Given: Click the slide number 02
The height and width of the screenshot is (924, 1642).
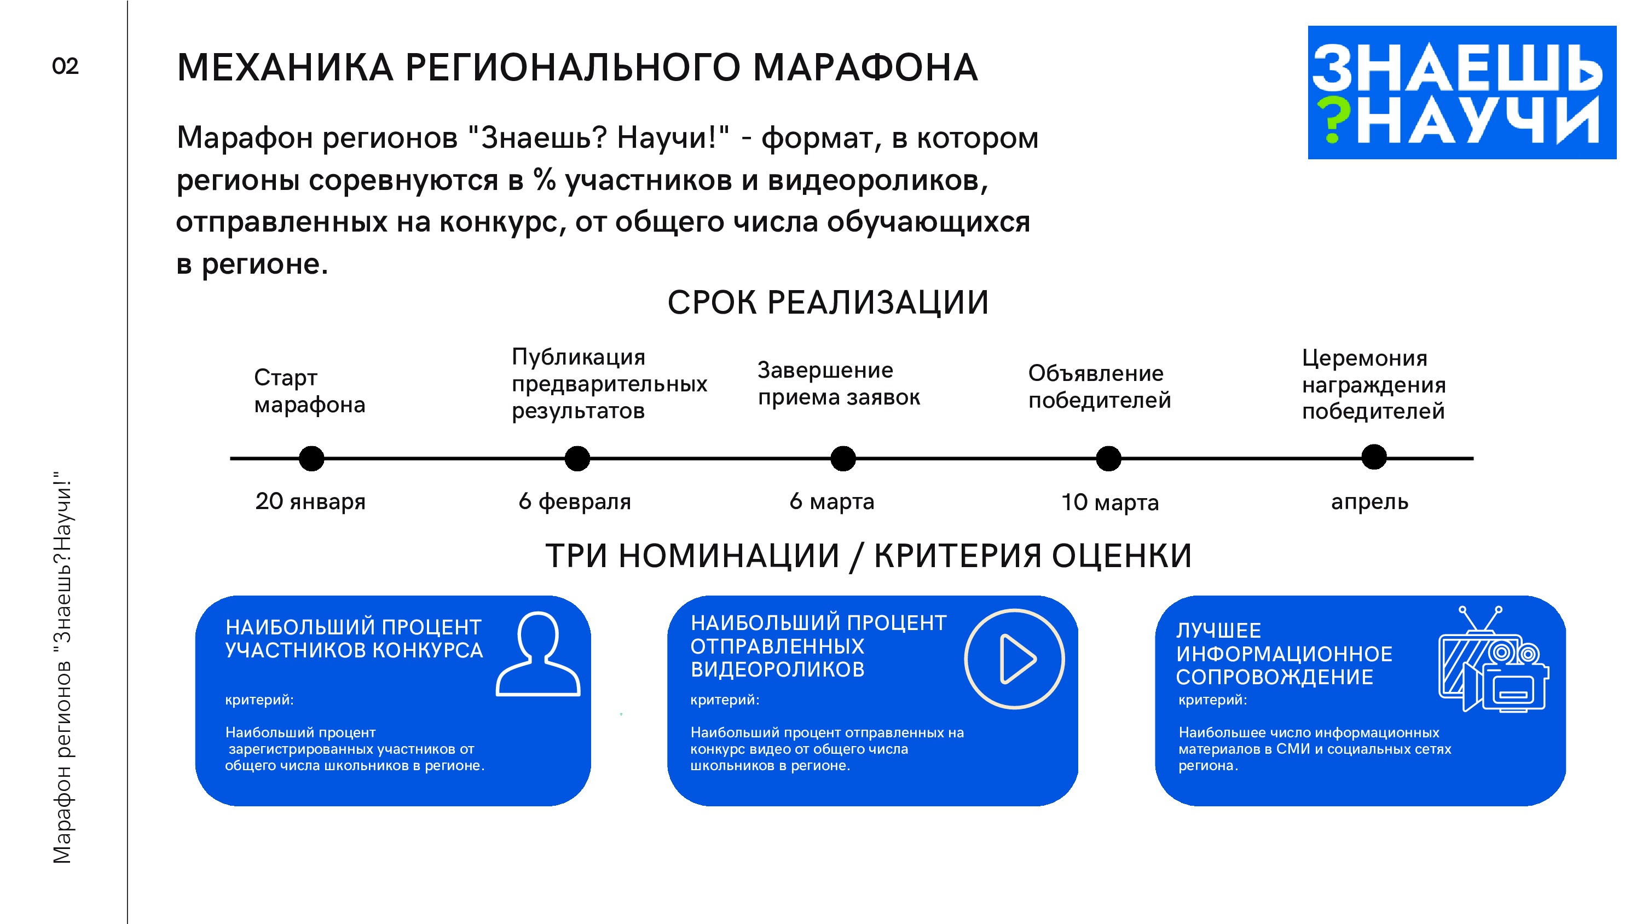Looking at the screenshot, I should point(65,66).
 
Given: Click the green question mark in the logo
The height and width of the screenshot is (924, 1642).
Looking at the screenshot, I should point(1333,120).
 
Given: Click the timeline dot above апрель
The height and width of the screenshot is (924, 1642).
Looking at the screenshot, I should point(1374,457).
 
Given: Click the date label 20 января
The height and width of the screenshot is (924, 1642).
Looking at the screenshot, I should point(310,502).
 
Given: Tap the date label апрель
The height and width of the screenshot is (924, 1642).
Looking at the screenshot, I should point(1369,503).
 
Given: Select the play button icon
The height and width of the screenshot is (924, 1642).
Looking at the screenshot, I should point(1014,659).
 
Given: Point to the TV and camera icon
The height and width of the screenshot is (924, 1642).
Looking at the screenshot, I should point(1494,661).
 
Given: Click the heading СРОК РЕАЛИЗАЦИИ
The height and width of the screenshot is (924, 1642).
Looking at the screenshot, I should point(828,303).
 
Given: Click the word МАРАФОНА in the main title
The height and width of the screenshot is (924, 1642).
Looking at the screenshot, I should point(865,67).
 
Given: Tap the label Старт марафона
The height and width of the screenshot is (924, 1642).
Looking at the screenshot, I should point(309,391).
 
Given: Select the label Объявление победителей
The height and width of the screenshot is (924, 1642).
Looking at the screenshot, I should point(1099,386).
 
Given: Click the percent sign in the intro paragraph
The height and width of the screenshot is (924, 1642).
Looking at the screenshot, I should point(545,180).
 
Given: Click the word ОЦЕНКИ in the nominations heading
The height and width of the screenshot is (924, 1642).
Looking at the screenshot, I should point(1121,556).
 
